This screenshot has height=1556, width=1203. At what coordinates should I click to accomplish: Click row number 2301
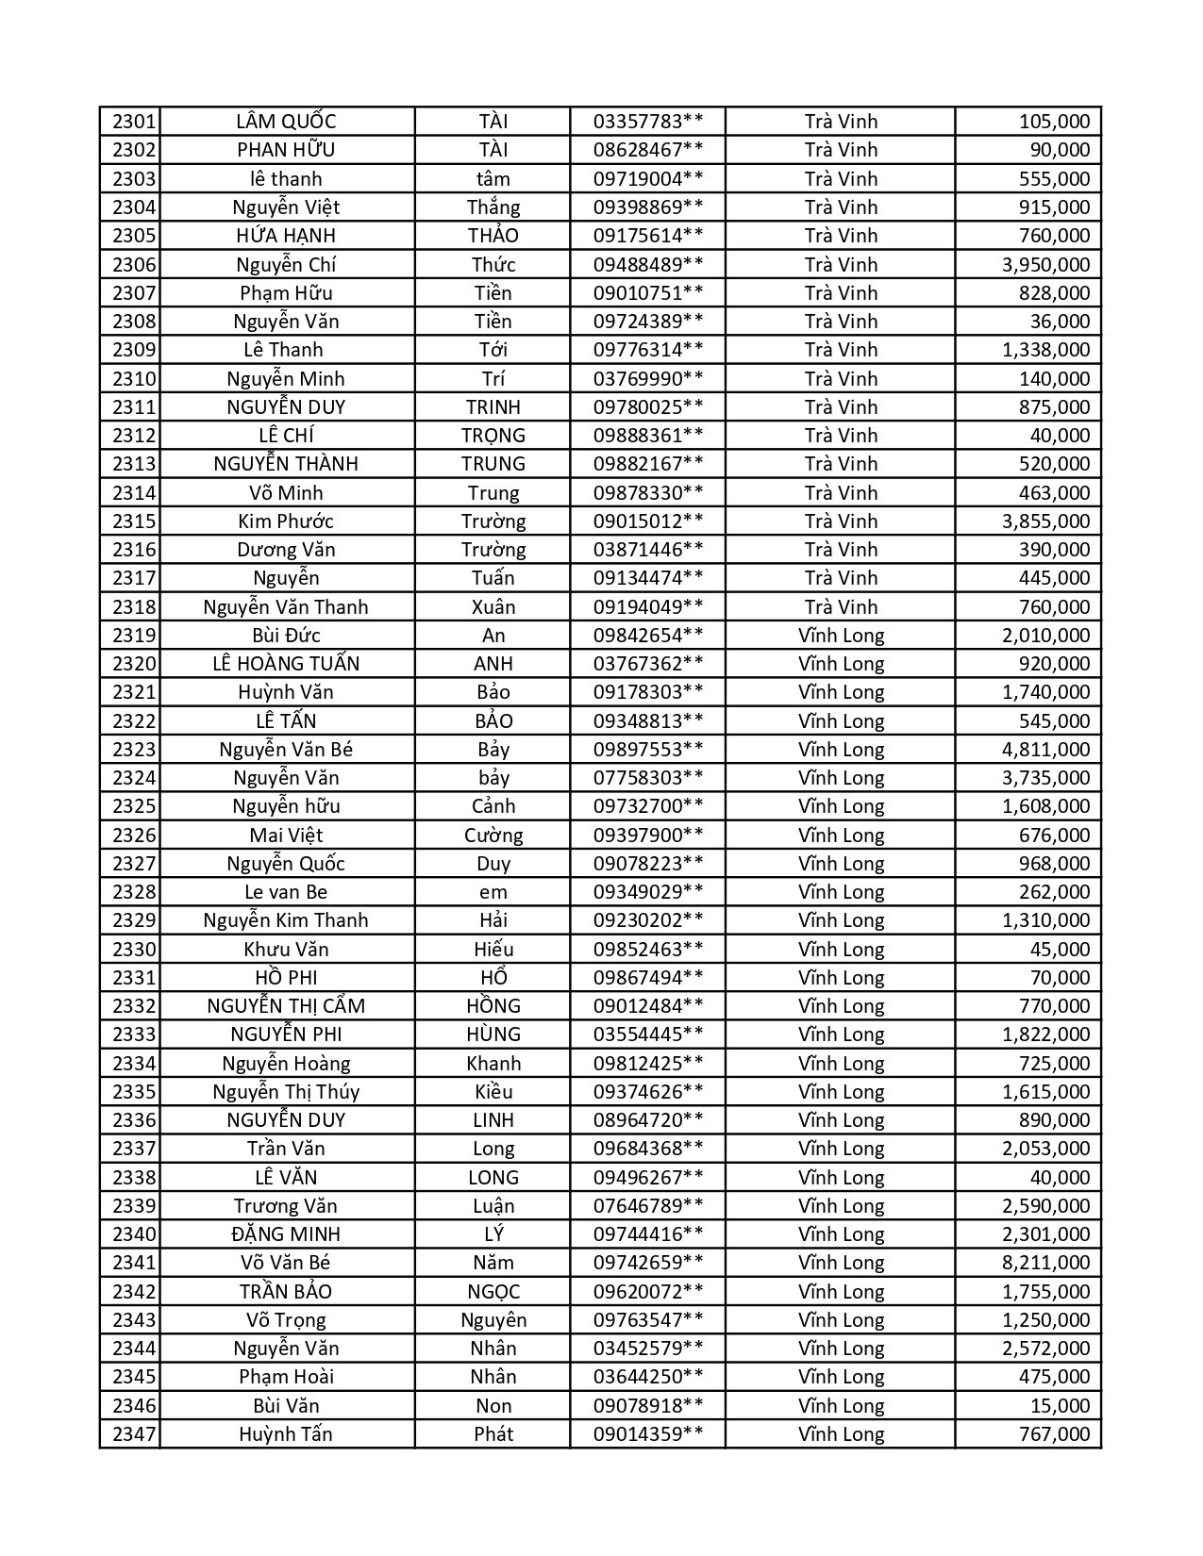coord(133,122)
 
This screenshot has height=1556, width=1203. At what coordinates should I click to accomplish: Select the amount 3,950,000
coord(1045,264)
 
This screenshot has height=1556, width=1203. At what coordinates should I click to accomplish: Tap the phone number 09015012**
coord(647,521)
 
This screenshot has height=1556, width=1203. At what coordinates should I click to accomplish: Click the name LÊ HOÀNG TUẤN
coord(286,663)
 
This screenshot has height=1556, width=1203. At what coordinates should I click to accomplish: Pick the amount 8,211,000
coord(1045,1262)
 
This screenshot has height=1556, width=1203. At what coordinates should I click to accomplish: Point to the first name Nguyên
coord(493,1319)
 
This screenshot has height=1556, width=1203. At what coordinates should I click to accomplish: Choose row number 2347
coord(133,1433)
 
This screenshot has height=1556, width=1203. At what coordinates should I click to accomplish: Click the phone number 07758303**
coord(647,777)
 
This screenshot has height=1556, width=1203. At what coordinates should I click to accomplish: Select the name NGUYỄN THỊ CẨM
coord(286,1005)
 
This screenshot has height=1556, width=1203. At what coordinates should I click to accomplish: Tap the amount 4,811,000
coord(1045,749)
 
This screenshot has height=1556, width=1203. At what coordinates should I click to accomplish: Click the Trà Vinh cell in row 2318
coord(841,606)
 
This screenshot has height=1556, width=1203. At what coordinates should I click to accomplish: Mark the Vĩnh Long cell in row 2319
coord(841,635)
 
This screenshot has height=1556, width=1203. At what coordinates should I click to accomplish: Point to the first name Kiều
coord(493,1091)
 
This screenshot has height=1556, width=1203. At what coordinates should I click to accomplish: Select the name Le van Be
coord(286,891)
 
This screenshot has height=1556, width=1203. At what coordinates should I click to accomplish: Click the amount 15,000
coord(1060,1405)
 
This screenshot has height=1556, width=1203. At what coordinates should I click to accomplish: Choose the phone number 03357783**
coord(647,122)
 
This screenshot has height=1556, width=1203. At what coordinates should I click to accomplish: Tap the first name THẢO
coord(493,235)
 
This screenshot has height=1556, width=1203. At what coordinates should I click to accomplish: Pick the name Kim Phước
coord(286,521)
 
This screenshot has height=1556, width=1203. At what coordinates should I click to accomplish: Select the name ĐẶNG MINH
coord(286,1233)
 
